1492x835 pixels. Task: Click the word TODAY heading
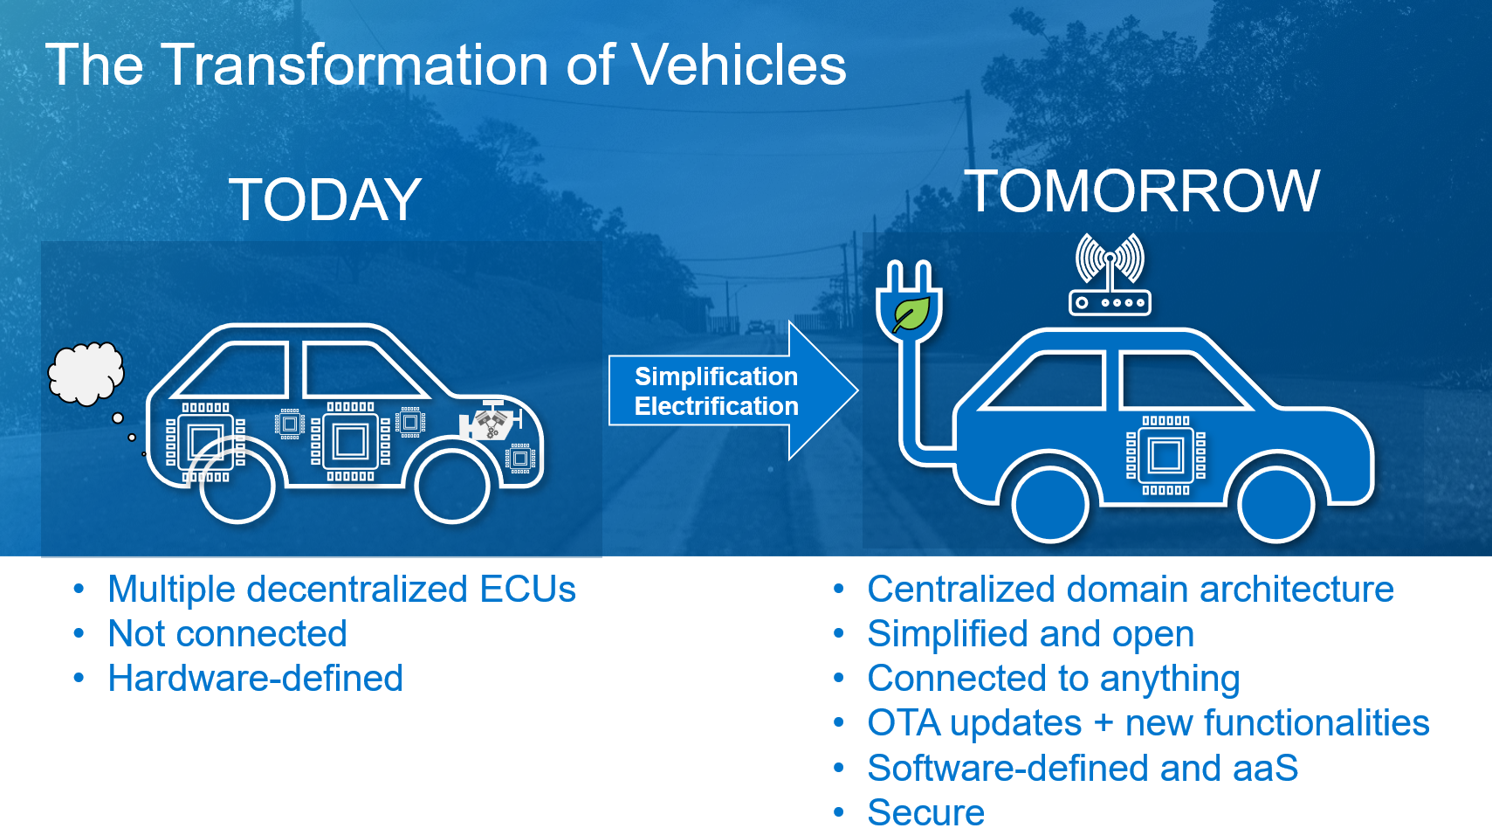click(x=325, y=199)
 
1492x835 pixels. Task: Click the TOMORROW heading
click(x=1142, y=191)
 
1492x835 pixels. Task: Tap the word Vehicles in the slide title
click(x=739, y=66)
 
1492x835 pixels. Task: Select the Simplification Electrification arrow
click(x=733, y=391)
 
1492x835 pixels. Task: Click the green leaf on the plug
click(x=911, y=314)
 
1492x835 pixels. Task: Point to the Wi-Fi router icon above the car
click(x=1110, y=274)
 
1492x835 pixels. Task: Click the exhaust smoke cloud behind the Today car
click(x=86, y=374)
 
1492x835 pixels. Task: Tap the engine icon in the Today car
click(x=491, y=421)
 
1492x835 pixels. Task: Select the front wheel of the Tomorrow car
click(x=1276, y=505)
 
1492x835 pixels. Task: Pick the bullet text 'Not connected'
click(x=227, y=634)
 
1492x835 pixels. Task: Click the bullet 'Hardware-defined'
click(x=256, y=679)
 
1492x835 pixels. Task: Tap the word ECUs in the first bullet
click(x=527, y=589)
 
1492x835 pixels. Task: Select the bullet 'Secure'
click(x=925, y=812)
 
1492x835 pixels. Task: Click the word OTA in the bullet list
click(x=904, y=723)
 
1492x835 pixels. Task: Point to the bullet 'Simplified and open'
click(x=1030, y=634)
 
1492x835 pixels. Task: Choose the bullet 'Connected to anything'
click(x=1054, y=679)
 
